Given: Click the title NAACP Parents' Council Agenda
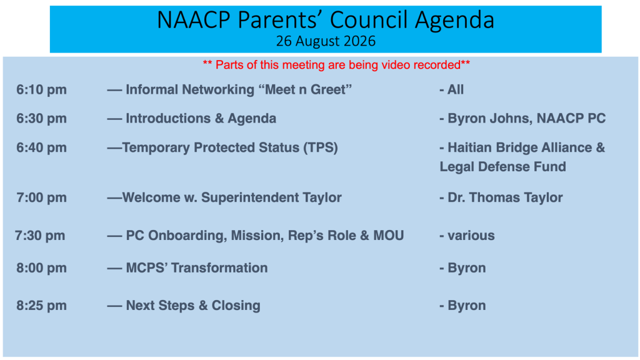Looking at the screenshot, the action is pyautogui.click(x=325, y=20).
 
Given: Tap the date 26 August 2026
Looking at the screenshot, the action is pyautogui.click(x=325, y=41).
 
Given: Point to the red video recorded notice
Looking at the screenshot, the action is pyautogui.click(x=336, y=65).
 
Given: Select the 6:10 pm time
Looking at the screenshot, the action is pyautogui.click(x=41, y=90).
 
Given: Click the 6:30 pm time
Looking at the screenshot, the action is pyautogui.click(x=41, y=119).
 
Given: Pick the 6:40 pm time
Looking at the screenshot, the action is pyautogui.click(x=41, y=147).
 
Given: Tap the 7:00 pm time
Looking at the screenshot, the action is pyautogui.click(x=41, y=197).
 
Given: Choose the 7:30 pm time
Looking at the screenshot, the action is pyautogui.click(x=40, y=236).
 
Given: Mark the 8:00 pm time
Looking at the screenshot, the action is pyautogui.click(x=41, y=268).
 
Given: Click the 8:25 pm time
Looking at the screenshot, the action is pyautogui.click(x=41, y=306).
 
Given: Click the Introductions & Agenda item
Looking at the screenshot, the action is pyautogui.click(x=201, y=119).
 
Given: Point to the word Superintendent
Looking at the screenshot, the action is pyautogui.click(x=250, y=197).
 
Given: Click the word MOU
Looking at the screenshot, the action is pyautogui.click(x=389, y=236).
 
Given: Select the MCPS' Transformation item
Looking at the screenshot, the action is pyautogui.click(x=197, y=268).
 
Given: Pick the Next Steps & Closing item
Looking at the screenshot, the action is pyautogui.click(x=193, y=306).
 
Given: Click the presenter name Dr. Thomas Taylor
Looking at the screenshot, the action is pyautogui.click(x=505, y=197).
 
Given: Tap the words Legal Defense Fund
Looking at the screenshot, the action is pyautogui.click(x=503, y=167).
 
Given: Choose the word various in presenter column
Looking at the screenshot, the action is pyautogui.click(x=471, y=236).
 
